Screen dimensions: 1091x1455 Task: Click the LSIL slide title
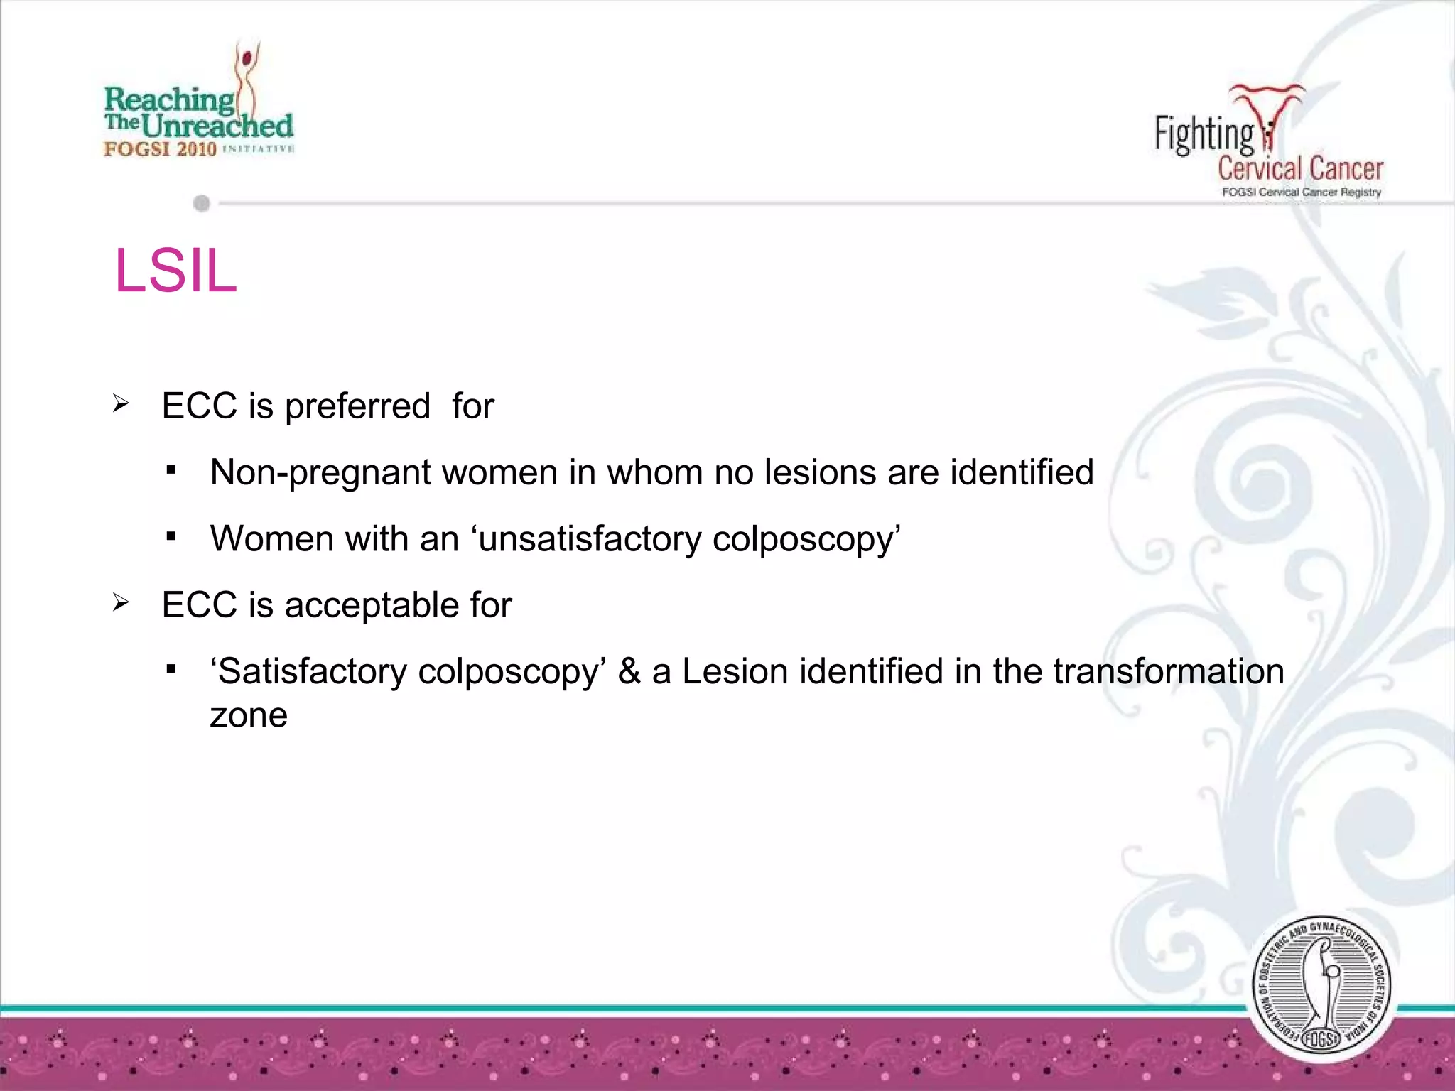tap(175, 271)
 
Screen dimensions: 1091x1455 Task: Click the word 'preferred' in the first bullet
tap(357, 407)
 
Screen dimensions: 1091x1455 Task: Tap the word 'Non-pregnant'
tap(320, 473)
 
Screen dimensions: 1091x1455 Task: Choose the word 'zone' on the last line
tap(249, 715)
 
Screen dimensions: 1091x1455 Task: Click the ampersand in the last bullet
tap(629, 672)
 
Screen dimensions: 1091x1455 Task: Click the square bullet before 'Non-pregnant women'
tap(171, 470)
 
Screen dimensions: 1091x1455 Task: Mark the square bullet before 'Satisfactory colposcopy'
tap(171, 669)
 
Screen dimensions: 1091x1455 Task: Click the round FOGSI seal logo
tap(1321, 988)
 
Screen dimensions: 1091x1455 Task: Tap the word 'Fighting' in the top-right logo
tap(1204, 134)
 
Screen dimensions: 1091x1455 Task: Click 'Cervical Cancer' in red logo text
tap(1300, 169)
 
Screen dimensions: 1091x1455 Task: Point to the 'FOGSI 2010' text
tap(160, 149)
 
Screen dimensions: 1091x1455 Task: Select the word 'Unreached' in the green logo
tap(217, 126)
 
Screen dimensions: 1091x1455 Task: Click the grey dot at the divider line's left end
tap(202, 204)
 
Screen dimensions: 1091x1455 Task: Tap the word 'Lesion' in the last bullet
tap(735, 672)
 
